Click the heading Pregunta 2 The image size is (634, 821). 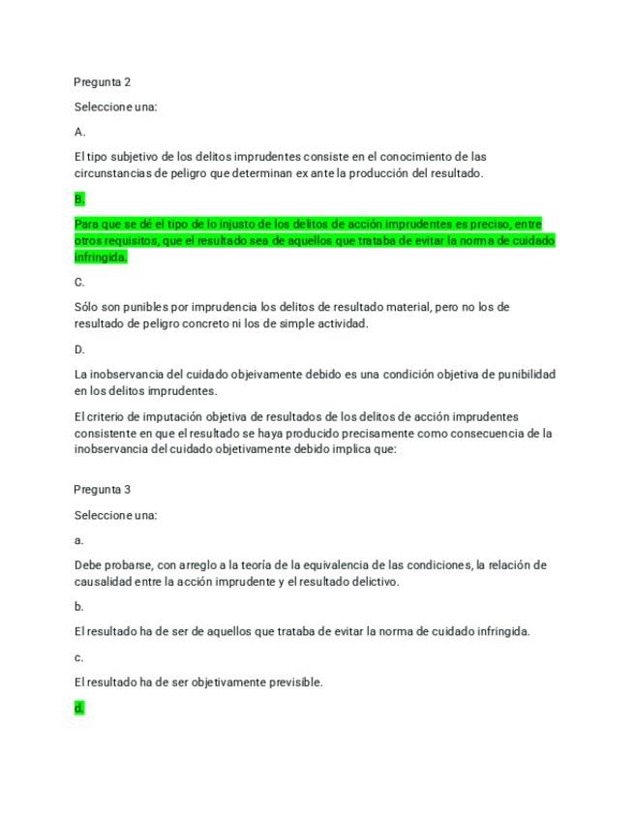pyautogui.click(x=102, y=82)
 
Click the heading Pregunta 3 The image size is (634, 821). pyautogui.click(x=102, y=490)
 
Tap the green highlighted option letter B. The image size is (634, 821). pyautogui.click(x=79, y=199)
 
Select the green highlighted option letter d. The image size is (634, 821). pyautogui.click(x=78, y=708)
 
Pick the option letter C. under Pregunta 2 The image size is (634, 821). pyautogui.click(x=79, y=283)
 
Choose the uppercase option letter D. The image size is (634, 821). pyautogui.click(x=79, y=350)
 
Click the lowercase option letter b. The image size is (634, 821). pyautogui.click(x=78, y=607)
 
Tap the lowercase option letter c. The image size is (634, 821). pyautogui.click(x=78, y=657)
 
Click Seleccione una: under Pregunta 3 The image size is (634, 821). pyautogui.click(x=115, y=515)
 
